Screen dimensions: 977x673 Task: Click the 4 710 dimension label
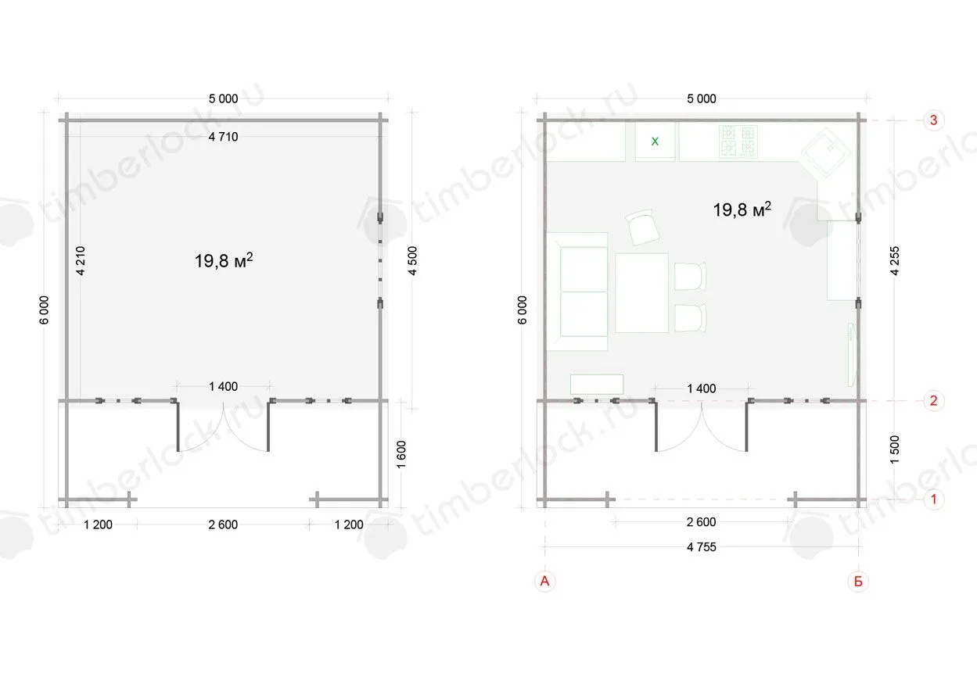pos(223,137)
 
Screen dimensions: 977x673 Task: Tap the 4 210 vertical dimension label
pos(81,260)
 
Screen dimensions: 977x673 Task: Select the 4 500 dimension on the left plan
pos(412,260)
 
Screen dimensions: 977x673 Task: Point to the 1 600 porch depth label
pos(400,455)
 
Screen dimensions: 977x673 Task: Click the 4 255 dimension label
pos(894,260)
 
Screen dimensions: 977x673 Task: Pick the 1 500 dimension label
pos(894,449)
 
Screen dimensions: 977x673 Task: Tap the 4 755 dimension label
pos(702,547)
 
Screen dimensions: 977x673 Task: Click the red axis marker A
pos(544,581)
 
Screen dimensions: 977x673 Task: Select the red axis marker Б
pos(858,582)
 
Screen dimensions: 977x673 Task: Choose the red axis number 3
pos(933,120)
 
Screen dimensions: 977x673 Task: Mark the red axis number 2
pos(933,400)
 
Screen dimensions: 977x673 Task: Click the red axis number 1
pos(933,499)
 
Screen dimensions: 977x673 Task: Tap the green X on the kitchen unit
pos(655,141)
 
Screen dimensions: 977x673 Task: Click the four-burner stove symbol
pos(738,141)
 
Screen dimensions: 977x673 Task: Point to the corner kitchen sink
pos(827,152)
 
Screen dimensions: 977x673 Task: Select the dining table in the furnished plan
pos(641,292)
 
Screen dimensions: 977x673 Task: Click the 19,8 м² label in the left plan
pos(223,260)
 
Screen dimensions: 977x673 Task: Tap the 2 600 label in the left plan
pos(223,524)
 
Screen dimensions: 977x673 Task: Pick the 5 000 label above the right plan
pos(702,99)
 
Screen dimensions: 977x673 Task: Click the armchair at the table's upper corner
pos(642,227)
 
